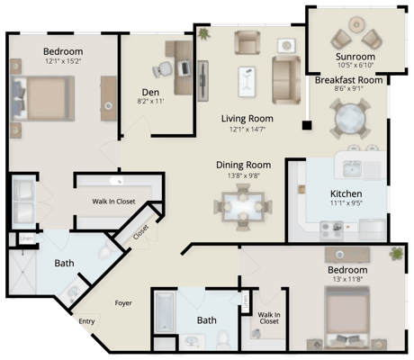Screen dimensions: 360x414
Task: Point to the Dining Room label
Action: click(243, 165)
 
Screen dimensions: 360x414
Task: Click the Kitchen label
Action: click(346, 193)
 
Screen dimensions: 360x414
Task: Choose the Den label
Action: click(150, 91)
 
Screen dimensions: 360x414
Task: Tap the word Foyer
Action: click(123, 302)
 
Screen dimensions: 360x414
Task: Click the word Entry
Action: click(86, 321)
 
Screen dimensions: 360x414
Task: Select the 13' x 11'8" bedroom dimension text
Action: click(346, 280)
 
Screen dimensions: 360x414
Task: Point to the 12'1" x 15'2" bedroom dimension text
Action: click(62, 61)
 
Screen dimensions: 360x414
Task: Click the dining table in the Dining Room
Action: click(241, 210)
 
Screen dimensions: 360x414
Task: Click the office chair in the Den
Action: click(163, 68)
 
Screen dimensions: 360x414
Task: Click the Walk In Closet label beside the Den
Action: click(113, 202)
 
